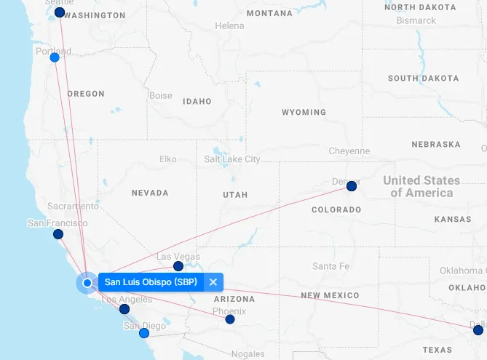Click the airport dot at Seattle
60,12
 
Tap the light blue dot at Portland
55,57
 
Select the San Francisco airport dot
58,234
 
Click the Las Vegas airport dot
178,266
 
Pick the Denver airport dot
352,187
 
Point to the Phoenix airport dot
230,319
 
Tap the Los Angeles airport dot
124,309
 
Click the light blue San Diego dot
144,333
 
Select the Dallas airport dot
478,330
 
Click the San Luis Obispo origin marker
87,282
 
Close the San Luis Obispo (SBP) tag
213,282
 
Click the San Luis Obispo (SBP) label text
151,282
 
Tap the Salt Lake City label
231,159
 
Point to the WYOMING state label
304,113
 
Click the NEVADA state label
150,193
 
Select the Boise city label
160,96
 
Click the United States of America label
421,186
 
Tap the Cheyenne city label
349,151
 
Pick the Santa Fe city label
330,266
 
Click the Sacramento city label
73,207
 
